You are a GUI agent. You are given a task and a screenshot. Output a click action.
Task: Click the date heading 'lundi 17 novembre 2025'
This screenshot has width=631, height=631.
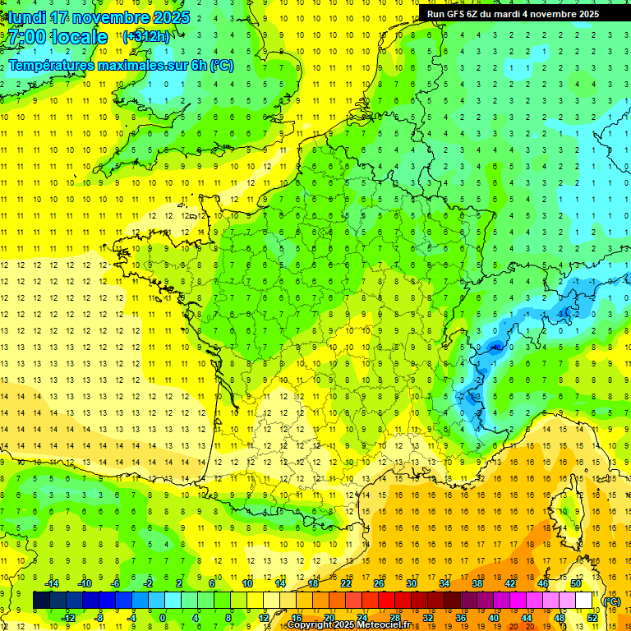click(x=99, y=17)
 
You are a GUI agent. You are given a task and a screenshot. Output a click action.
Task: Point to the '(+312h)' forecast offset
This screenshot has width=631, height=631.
click(x=146, y=36)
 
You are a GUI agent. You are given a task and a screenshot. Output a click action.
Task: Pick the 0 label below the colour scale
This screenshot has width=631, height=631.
click(x=163, y=618)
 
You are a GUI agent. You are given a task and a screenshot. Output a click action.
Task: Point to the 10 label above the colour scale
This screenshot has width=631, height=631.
click(x=246, y=583)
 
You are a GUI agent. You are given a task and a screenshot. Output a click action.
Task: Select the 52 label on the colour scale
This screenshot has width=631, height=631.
click(x=592, y=618)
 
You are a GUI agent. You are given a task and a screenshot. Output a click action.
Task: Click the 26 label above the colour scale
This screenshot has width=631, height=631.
click(x=379, y=583)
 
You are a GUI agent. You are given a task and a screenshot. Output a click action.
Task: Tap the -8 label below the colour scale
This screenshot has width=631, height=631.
click(x=99, y=618)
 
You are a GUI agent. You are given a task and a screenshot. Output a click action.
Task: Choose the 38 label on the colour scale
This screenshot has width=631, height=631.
click(x=477, y=583)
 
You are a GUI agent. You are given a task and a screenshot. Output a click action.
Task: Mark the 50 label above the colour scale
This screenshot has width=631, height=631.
click(x=576, y=583)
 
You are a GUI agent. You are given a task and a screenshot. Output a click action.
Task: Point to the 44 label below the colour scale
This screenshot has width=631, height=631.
click(x=527, y=618)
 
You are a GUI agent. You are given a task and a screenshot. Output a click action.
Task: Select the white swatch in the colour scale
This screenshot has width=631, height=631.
click(x=584, y=601)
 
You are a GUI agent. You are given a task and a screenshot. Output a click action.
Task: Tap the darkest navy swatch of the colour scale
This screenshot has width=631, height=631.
click(x=41, y=601)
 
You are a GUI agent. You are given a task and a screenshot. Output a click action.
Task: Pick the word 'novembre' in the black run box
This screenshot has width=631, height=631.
click(x=550, y=14)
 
